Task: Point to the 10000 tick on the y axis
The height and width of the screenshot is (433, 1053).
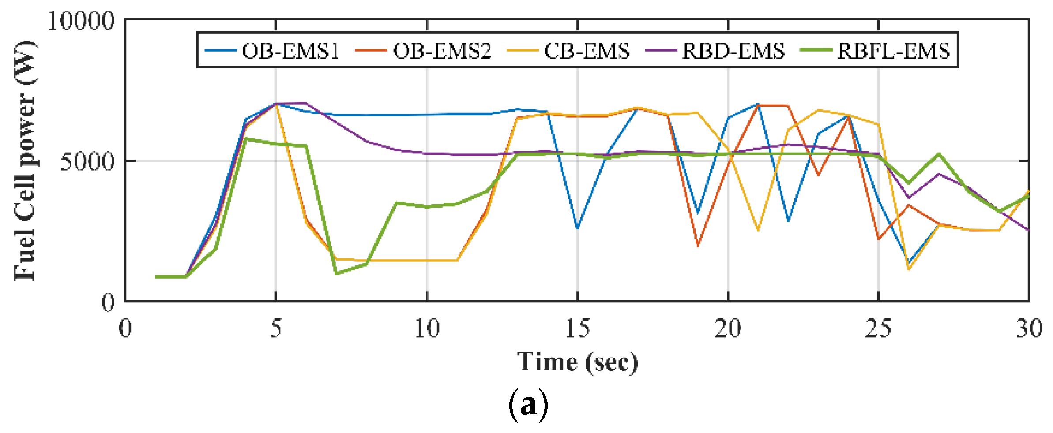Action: click(81, 21)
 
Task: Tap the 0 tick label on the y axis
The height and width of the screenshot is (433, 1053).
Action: click(108, 303)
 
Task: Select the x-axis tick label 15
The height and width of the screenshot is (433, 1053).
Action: click(577, 328)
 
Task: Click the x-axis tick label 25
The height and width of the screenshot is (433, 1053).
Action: click(878, 328)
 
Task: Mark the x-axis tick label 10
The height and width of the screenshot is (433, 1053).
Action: click(427, 328)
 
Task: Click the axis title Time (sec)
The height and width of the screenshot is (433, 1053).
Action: click(577, 362)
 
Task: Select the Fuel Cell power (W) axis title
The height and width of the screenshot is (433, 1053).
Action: click(25, 161)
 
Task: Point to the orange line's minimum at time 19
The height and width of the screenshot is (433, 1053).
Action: click(698, 246)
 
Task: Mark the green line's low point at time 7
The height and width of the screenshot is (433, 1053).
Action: click(336, 274)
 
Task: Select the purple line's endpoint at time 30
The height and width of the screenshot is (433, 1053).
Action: click(1029, 230)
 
